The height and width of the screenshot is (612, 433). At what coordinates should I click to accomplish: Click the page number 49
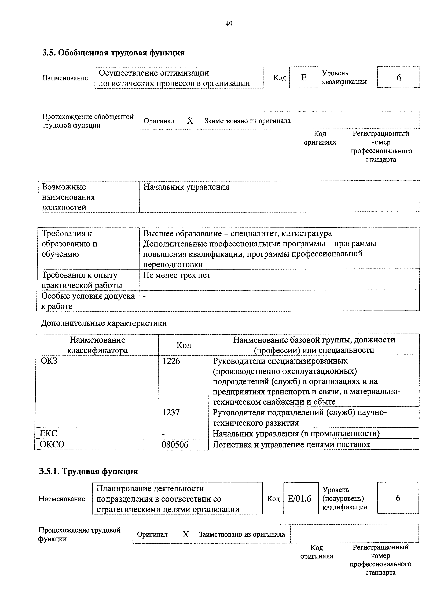(x=229, y=24)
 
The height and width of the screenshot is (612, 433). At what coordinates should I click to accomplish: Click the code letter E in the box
(x=304, y=78)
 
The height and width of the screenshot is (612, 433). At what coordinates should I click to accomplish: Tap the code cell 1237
(x=171, y=413)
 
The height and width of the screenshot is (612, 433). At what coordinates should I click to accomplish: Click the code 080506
(x=175, y=445)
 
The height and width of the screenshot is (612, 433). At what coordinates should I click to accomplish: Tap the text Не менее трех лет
(x=177, y=275)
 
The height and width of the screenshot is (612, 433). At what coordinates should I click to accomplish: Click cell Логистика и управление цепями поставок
(x=291, y=445)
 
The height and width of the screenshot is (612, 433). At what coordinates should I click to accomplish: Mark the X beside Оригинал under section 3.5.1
(x=186, y=534)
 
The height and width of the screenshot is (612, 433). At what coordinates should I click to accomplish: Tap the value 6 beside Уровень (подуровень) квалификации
(x=398, y=498)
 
